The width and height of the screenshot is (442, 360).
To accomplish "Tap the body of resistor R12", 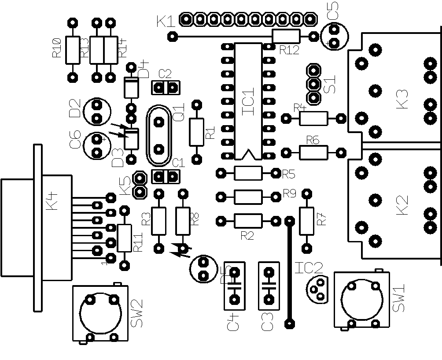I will pos(286,36).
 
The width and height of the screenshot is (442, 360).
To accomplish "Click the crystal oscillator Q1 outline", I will pos(159,135).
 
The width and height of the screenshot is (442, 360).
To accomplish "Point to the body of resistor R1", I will pos(197,132).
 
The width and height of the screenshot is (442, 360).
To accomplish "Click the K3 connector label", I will pos(402,99).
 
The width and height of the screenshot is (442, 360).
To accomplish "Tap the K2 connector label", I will pos(402,205).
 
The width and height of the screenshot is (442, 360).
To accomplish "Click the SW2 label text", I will pos(137,314).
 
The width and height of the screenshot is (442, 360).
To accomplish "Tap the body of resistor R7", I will pos(306,220).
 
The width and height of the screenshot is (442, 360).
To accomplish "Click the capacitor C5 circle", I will pos(335,36).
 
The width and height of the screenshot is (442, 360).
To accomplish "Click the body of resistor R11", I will pos(125,238).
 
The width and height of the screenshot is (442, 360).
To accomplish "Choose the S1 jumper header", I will pos(314,83).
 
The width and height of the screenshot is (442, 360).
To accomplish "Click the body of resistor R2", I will pos(248,220).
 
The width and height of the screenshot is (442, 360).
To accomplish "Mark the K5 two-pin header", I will pos(140,185).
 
